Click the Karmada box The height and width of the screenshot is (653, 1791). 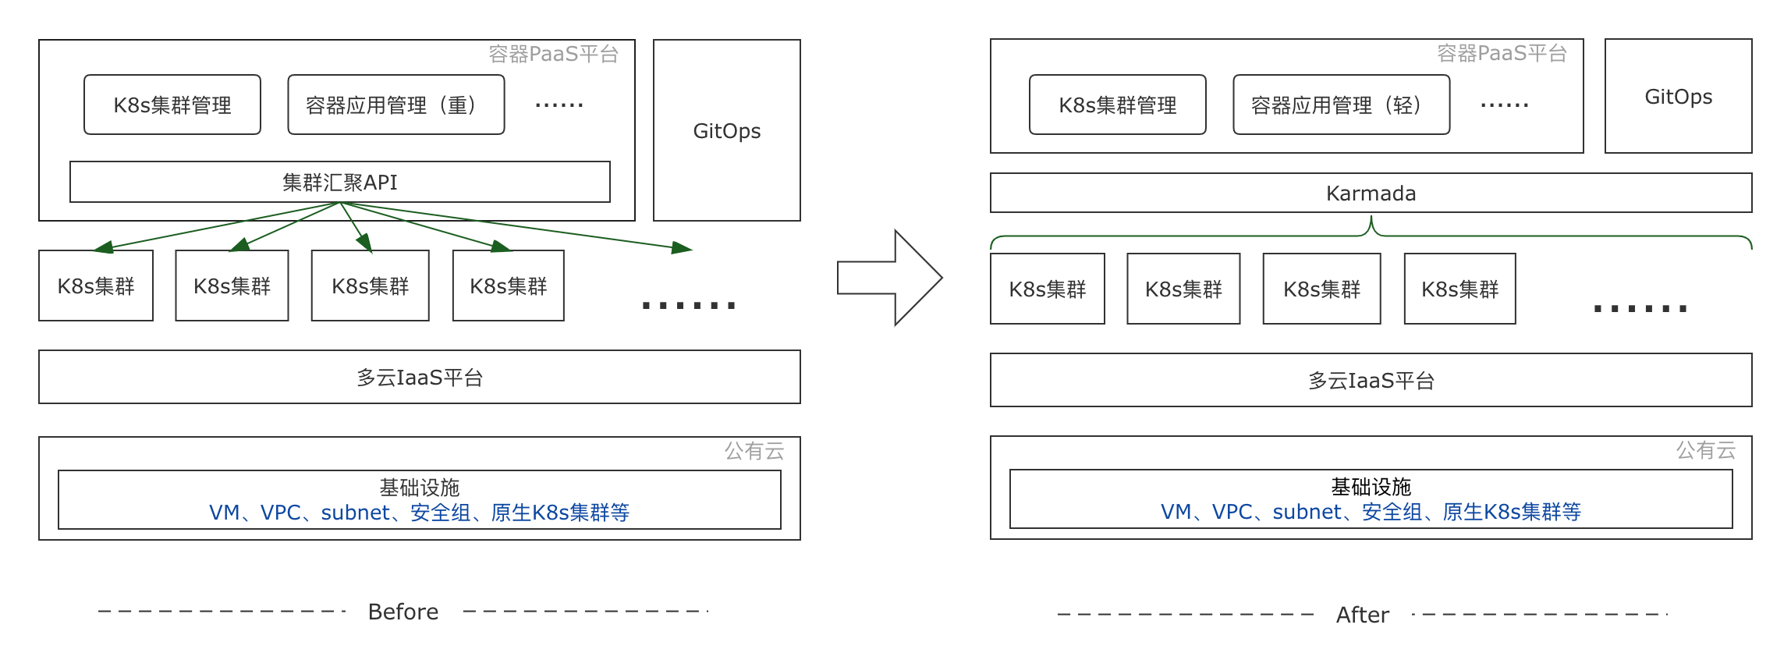click(x=1371, y=193)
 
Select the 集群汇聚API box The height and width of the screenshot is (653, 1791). click(x=339, y=183)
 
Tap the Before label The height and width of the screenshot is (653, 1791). click(x=403, y=612)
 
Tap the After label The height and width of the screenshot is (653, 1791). click(x=1362, y=615)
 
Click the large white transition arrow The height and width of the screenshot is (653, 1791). click(x=889, y=278)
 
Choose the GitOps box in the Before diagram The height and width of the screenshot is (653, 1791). click(x=726, y=131)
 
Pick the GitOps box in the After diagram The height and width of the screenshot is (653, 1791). click(x=1678, y=97)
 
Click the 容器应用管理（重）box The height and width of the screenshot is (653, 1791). click(x=395, y=105)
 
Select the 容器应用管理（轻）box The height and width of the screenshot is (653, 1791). click(x=1341, y=105)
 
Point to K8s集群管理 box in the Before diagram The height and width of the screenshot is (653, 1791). click(x=172, y=105)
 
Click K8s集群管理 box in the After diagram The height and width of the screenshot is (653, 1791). click(x=1117, y=105)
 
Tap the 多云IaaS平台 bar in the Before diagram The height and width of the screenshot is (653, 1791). click(x=420, y=378)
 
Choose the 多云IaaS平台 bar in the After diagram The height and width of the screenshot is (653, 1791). click(x=1371, y=381)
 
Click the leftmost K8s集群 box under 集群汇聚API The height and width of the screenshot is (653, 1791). click(x=96, y=286)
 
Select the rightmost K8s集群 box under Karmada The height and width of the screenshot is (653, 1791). click(x=1459, y=289)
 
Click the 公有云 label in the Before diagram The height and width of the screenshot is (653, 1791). click(x=754, y=451)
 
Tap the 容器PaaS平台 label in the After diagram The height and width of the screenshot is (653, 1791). click(x=1502, y=53)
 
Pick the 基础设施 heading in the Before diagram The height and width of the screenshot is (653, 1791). click(x=420, y=488)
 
